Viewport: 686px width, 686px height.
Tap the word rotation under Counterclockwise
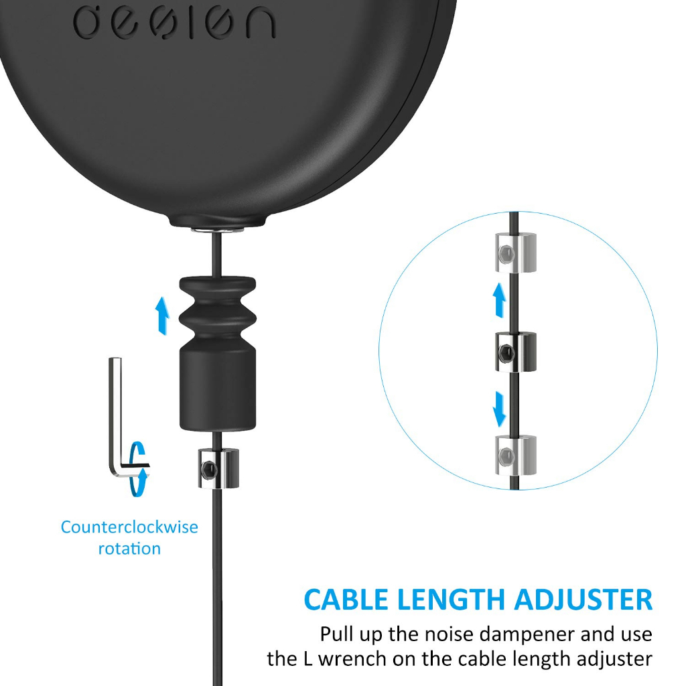pos(129,549)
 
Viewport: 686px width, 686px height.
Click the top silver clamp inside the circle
pos(516,253)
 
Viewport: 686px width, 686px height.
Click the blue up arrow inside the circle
pos(498,300)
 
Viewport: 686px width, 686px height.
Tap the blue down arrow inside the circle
pos(499,409)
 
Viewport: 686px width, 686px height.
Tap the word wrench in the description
pos(352,659)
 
